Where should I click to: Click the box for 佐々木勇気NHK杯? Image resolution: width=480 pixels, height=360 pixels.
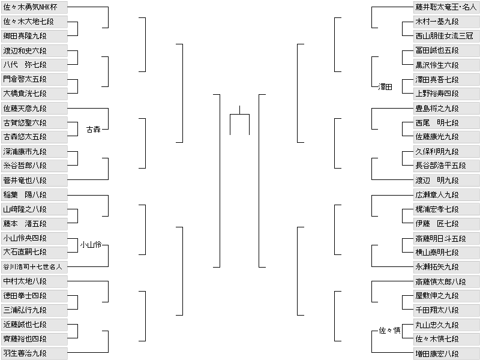pos(34,7)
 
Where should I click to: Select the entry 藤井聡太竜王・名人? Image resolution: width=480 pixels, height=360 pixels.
pos(446,7)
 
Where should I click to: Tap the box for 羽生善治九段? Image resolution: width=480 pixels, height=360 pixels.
pos(34,353)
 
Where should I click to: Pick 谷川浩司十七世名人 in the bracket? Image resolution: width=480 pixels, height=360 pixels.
pos(34,266)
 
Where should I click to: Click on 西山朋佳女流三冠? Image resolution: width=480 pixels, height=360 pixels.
pos(446,36)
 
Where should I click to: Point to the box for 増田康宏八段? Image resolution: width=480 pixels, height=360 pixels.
pos(446,353)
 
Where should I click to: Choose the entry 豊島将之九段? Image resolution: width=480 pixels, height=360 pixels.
pos(446,108)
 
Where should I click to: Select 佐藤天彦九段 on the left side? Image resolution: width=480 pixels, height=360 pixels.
pos(34,108)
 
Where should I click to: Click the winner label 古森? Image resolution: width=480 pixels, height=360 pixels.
pos(93,129)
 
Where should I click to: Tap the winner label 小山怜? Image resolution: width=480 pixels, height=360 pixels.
pos(91,245)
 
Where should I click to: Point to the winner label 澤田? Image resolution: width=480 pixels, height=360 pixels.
pos(385,87)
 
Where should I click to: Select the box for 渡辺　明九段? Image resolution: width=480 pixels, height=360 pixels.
pos(446,180)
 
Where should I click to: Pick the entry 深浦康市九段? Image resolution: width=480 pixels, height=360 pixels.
pos(34,151)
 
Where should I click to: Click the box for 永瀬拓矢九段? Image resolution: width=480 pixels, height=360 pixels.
pos(446,266)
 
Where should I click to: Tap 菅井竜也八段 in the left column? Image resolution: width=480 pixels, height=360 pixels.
pos(34,180)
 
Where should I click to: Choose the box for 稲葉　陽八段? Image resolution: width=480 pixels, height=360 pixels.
pos(34,194)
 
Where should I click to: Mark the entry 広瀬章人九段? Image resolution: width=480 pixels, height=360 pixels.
pos(446,194)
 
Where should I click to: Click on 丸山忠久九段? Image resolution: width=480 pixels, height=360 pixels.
pos(446,325)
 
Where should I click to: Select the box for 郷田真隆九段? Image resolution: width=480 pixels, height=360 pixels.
pos(34,36)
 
